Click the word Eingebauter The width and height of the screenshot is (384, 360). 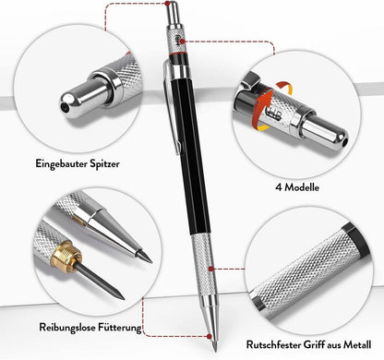point(61,163)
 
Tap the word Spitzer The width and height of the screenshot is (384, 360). point(104,163)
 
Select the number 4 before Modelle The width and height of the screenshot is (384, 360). point(279,187)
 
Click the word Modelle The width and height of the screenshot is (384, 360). point(302,187)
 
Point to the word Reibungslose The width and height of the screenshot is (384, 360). point(67,327)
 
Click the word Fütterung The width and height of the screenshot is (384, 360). point(120,327)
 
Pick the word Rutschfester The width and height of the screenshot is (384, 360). point(273,344)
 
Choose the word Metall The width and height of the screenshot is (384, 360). point(357,344)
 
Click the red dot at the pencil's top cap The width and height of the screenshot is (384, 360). point(167,4)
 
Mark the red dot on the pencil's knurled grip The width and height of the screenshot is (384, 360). point(210,269)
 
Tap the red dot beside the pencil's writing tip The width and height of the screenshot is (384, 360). point(210,336)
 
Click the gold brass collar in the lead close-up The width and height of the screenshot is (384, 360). point(65,257)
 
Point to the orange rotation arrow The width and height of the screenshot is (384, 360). point(264,106)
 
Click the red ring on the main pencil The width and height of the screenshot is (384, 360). point(178,54)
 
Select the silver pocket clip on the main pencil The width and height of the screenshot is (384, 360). point(171,104)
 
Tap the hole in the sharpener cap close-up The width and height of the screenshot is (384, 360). point(65,106)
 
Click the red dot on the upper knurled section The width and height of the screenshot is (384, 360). point(182,41)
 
